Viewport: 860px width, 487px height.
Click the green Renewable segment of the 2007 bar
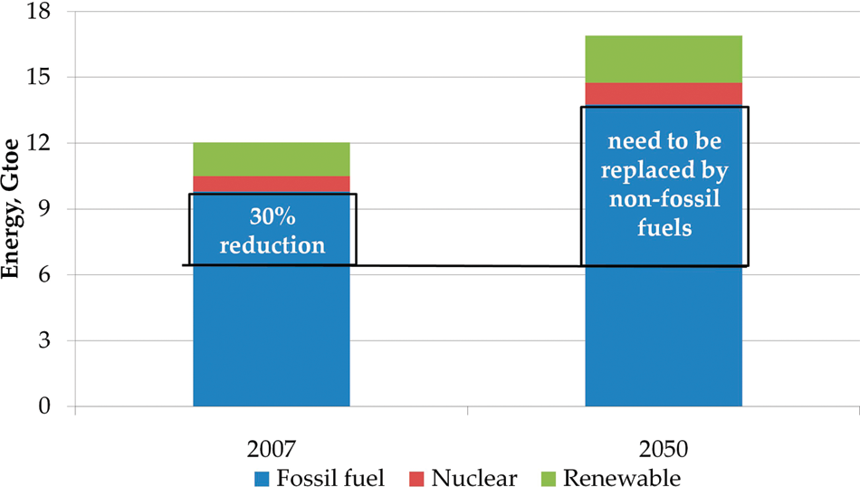coord(272,159)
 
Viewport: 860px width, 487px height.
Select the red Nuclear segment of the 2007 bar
coord(272,185)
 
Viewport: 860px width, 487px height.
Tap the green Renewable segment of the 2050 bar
coord(664,59)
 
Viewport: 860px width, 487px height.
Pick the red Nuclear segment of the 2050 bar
coord(664,94)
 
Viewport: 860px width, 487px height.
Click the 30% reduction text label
coord(272,231)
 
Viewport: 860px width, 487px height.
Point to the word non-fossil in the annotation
coord(664,198)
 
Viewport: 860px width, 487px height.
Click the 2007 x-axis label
coord(272,449)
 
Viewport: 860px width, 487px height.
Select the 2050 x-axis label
coord(664,449)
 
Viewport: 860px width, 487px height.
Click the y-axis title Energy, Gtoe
coord(10,209)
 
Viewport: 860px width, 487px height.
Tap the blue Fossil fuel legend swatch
coord(263,479)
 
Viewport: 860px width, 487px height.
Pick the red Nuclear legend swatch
coord(416,479)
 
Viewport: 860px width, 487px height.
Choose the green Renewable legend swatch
coord(549,479)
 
